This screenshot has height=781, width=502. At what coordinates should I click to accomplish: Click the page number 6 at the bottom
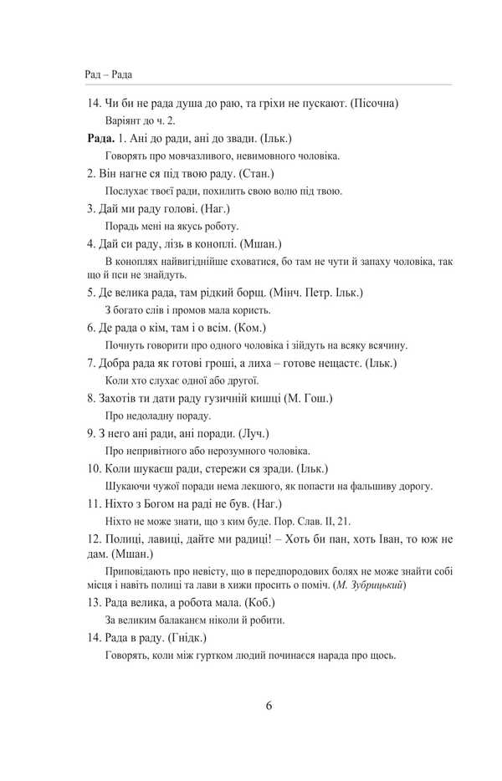(269, 705)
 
